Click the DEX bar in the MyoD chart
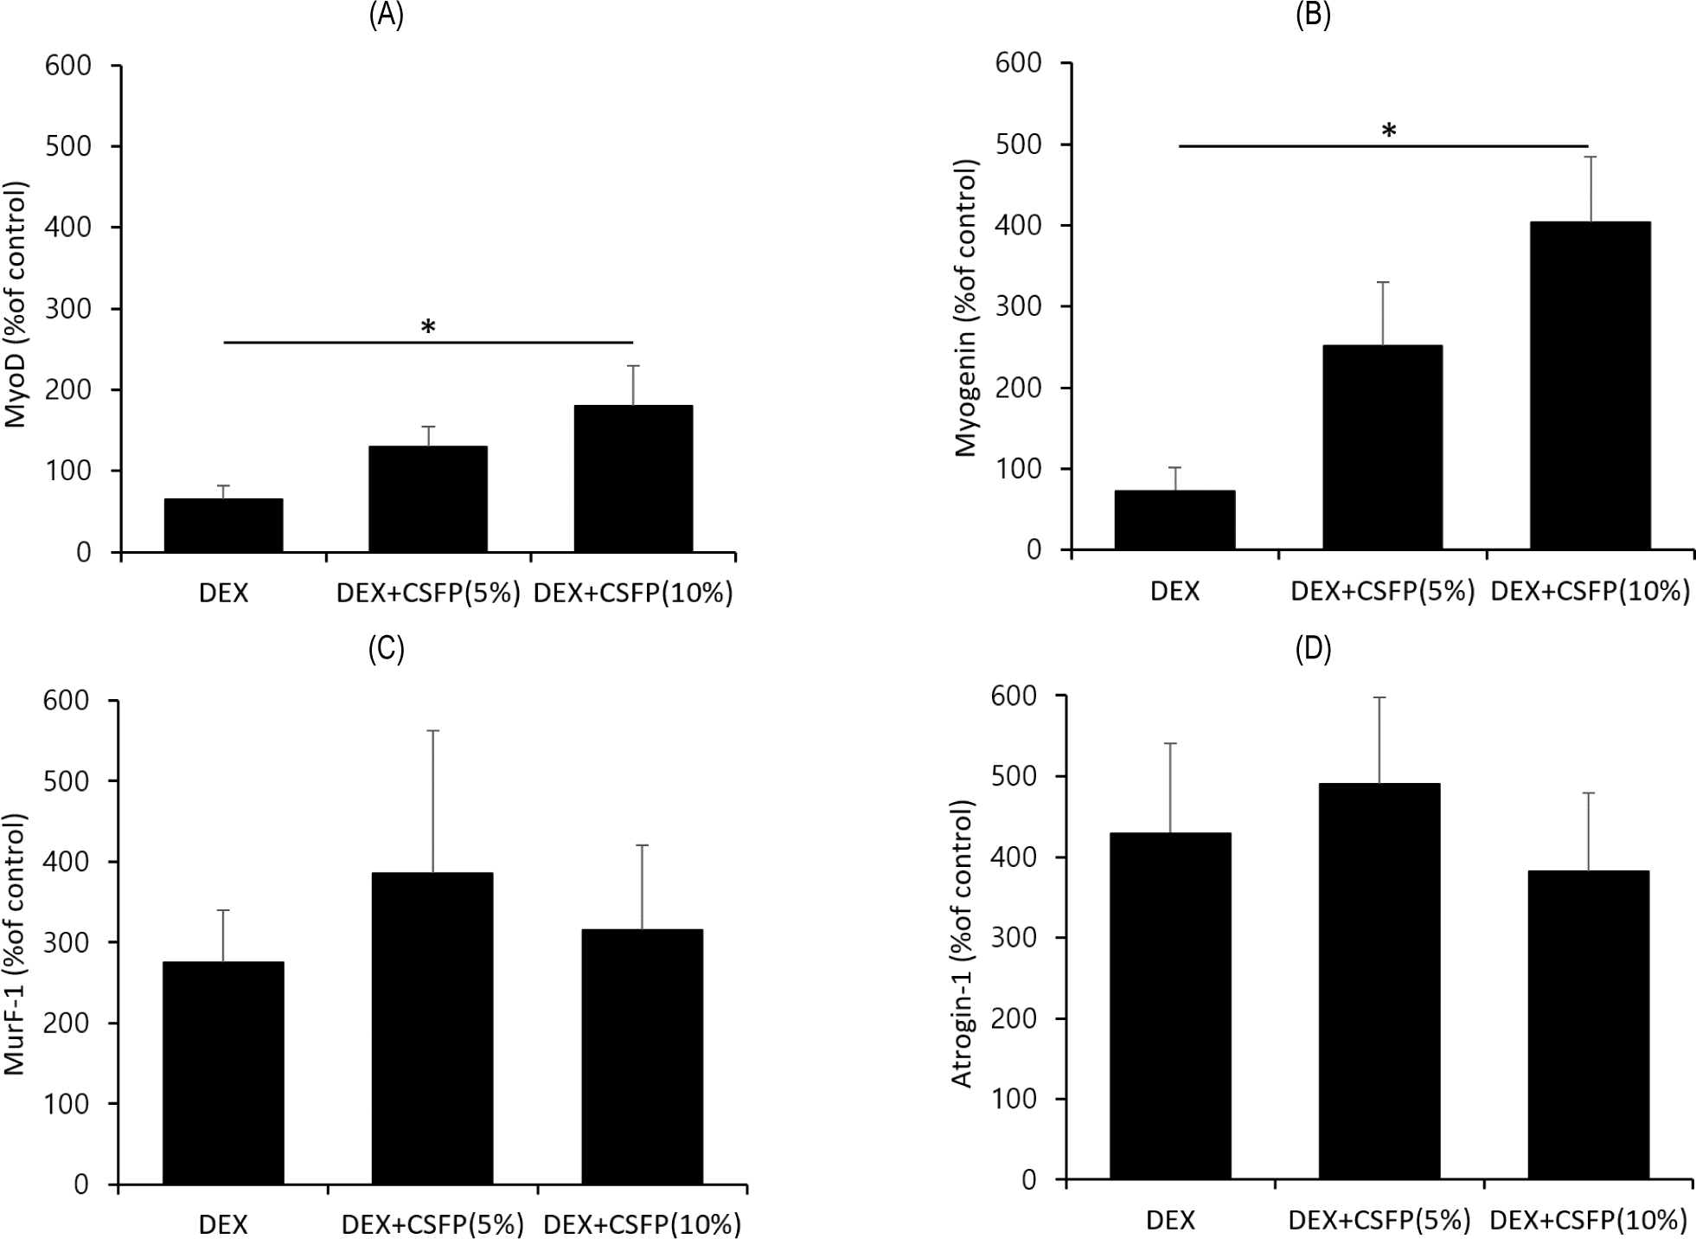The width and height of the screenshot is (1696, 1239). (223, 525)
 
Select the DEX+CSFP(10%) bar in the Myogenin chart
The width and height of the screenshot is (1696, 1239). (1590, 385)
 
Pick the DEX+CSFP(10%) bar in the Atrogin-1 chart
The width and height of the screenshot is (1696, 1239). (1588, 1024)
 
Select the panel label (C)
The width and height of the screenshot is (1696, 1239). (386, 650)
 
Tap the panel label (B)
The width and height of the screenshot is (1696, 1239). (1313, 16)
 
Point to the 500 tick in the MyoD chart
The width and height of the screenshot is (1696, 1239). (69, 146)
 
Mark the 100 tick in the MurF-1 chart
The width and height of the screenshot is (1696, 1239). (69, 1104)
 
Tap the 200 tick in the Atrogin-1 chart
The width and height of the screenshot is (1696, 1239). (1017, 1019)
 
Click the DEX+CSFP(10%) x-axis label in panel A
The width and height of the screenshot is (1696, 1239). (633, 594)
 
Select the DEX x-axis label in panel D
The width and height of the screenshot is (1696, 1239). (1171, 1221)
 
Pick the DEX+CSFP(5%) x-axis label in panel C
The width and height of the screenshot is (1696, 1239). (433, 1224)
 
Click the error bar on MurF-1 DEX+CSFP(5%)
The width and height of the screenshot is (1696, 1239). (432, 800)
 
